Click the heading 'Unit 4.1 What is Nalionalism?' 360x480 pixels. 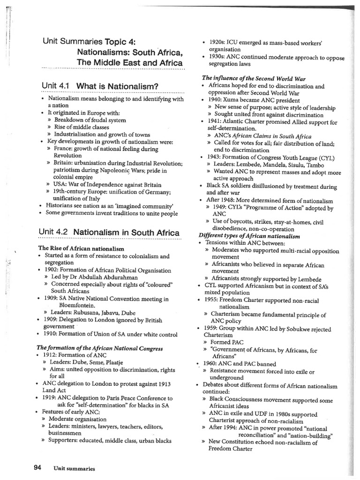(x=100, y=86)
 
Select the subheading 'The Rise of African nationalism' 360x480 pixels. (x=81, y=248)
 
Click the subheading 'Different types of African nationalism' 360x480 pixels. (x=249, y=236)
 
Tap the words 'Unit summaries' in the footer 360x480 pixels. (x=74, y=468)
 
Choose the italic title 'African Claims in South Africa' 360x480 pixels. (x=271, y=136)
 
